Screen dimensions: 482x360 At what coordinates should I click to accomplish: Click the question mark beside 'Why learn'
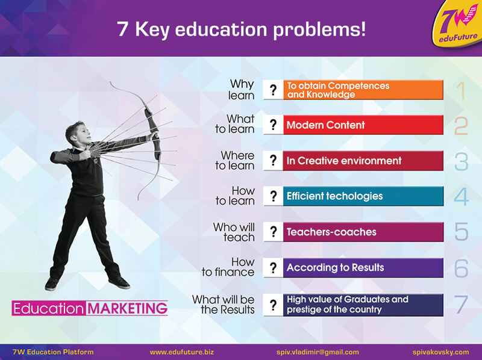click(x=273, y=90)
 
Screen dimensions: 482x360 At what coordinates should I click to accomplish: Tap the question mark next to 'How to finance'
click(x=273, y=268)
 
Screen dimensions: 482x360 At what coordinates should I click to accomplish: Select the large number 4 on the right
click(x=462, y=197)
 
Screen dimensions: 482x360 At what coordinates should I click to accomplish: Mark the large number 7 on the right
click(x=461, y=305)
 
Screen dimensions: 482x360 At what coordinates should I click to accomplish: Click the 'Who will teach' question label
click(x=234, y=232)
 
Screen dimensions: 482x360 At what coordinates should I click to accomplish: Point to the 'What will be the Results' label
click(x=224, y=305)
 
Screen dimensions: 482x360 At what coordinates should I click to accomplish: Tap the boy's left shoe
click(x=120, y=282)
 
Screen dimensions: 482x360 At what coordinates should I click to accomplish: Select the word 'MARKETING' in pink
click(x=127, y=308)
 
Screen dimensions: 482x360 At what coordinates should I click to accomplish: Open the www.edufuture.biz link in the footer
click(x=182, y=352)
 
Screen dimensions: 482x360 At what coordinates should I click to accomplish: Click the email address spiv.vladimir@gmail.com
click(x=318, y=352)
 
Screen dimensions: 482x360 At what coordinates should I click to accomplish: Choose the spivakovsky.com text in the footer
click(x=441, y=352)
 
